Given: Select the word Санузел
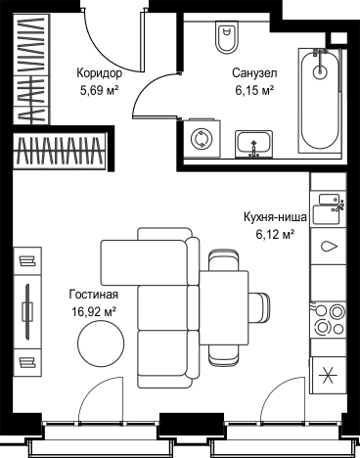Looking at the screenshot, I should [x=251, y=72].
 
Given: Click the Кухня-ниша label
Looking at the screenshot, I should [x=277, y=217].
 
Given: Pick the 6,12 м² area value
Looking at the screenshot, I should [x=277, y=235].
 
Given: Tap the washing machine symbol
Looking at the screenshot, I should [x=202, y=140].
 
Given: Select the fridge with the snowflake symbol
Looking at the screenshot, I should [x=327, y=374].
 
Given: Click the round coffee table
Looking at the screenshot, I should [x=102, y=345].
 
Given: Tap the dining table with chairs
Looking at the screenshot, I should [x=223, y=304].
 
